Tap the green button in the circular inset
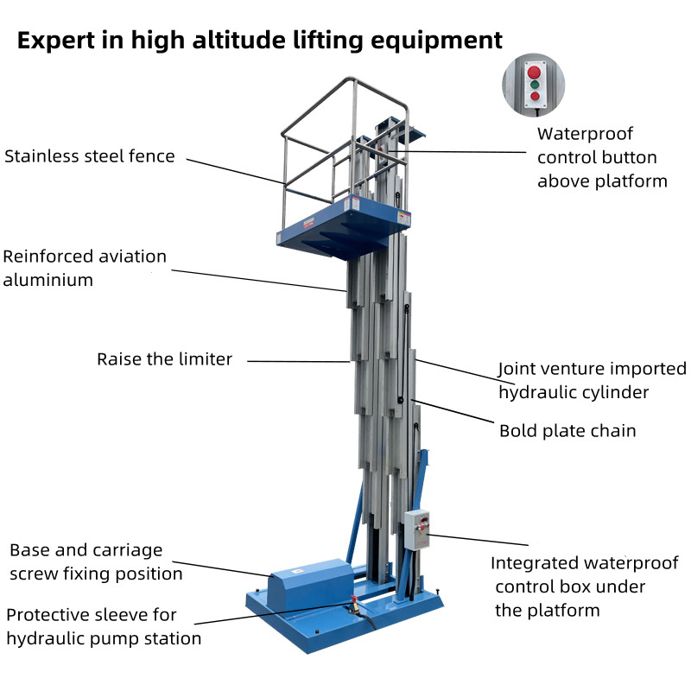(x=534, y=85)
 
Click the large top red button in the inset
(x=534, y=71)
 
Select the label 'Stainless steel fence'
(x=90, y=156)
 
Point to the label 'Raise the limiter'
(x=164, y=359)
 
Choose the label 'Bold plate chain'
(x=567, y=430)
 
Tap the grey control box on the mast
(x=416, y=528)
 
